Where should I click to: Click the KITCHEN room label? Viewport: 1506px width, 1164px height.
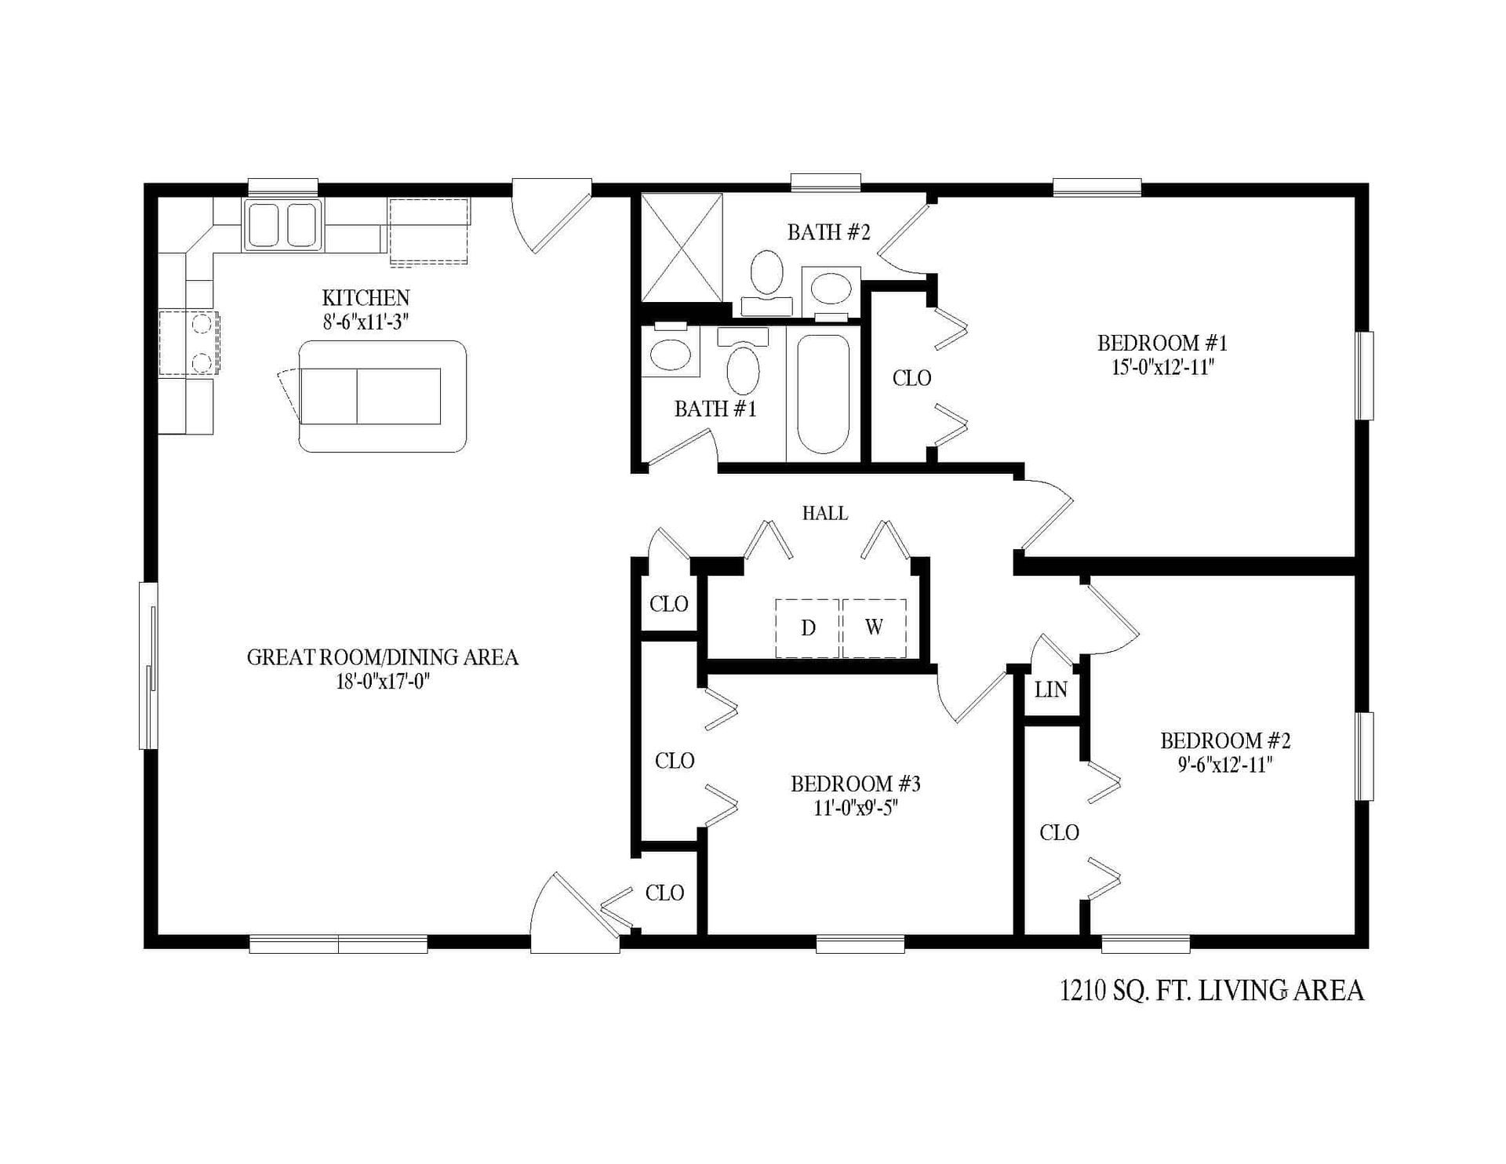(366, 298)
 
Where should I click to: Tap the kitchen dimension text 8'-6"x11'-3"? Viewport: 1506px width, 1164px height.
(366, 322)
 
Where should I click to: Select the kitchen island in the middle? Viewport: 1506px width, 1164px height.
(383, 396)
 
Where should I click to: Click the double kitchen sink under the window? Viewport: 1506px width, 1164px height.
(282, 225)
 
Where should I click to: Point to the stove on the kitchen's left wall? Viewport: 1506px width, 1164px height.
(188, 343)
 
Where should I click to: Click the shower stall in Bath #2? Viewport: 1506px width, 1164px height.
(682, 247)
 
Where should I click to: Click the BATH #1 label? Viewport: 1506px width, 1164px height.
(715, 409)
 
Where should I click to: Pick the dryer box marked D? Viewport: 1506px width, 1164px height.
(808, 627)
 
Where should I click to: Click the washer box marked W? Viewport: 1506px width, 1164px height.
(874, 627)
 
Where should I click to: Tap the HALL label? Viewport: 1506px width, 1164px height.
(824, 513)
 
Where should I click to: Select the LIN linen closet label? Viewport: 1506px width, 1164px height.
(1050, 689)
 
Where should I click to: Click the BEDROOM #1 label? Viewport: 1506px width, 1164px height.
(1162, 343)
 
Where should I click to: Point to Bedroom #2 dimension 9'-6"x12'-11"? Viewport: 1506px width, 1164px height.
(1224, 765)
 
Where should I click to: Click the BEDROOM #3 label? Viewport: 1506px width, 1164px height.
(855, 784)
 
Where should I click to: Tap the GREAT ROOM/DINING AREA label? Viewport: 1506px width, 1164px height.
(382, 657)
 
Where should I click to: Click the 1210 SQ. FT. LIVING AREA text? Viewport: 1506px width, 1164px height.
(1211, 991)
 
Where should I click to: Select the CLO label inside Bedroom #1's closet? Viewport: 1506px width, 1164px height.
(911, 378)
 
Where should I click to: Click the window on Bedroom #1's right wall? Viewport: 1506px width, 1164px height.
(1366, 376)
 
